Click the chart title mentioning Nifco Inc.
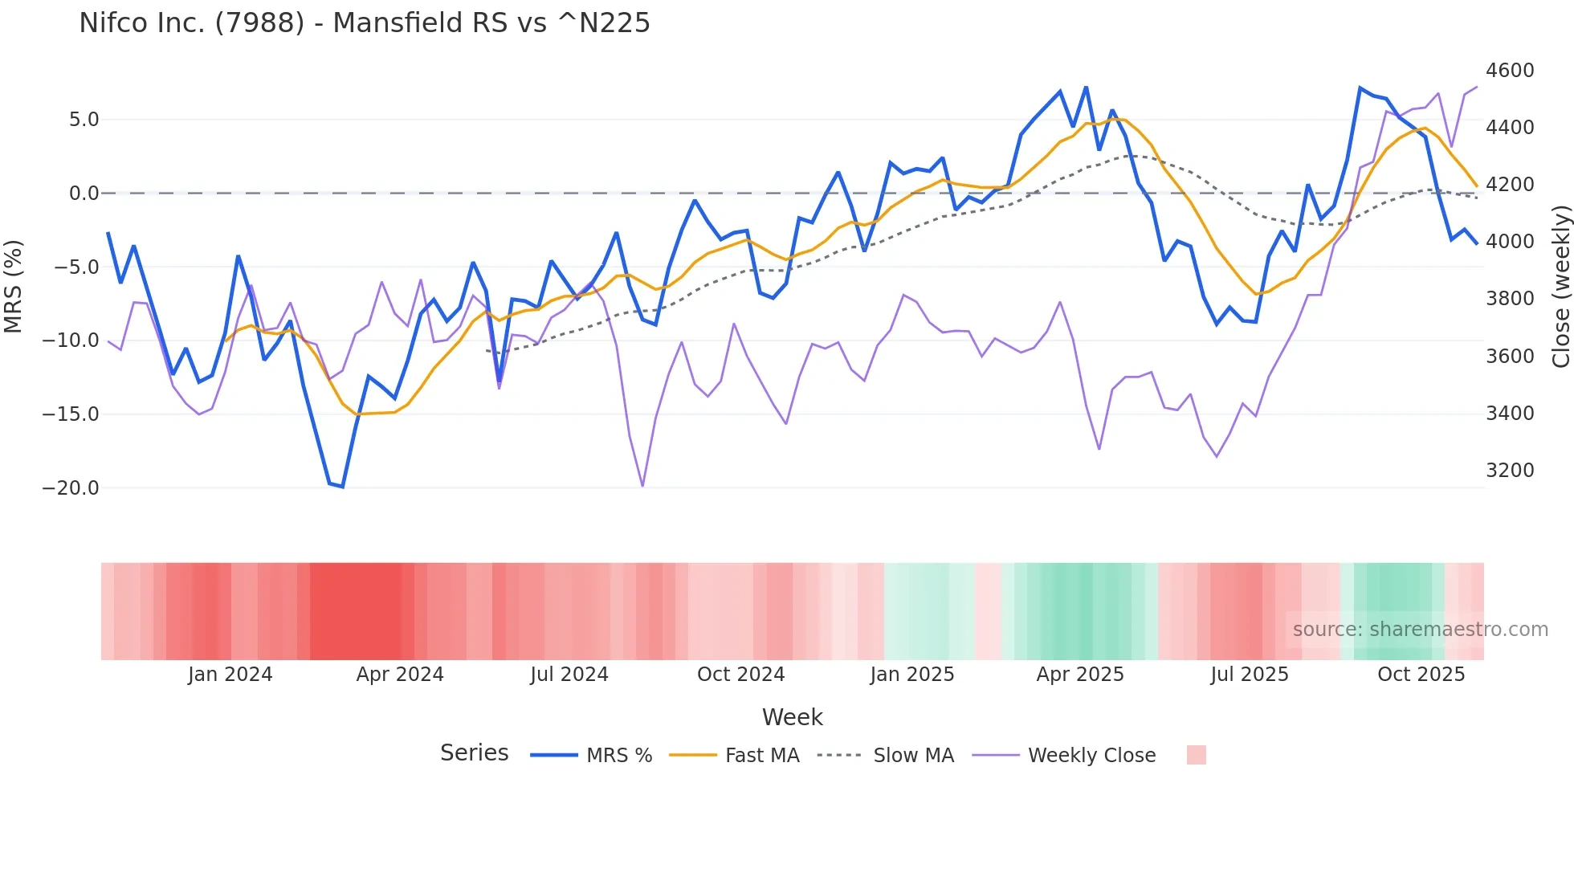click(x=364, y=23)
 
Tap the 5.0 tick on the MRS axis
click(x=84, y=120)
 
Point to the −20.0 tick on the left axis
click(x=71, y=488)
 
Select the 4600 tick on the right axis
click(x=1509, y=71)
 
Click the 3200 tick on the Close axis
click(x=1509, y=471)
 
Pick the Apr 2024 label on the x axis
click(x=400, y=675)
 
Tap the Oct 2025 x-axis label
click(x=1421, y=675)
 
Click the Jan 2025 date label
click(x=911, y=675)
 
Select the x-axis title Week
click(x=792, y=717)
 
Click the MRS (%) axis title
click(x=14, y=287)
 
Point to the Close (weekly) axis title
click(x=1560, y=287)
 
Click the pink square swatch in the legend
click(x=1196, y=755)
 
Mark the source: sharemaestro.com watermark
click(x=1420, y=630)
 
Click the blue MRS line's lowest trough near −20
click(x=342, y=487)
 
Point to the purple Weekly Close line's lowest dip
click(x=642, y=486)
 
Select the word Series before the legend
click(x=474, y=753)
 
